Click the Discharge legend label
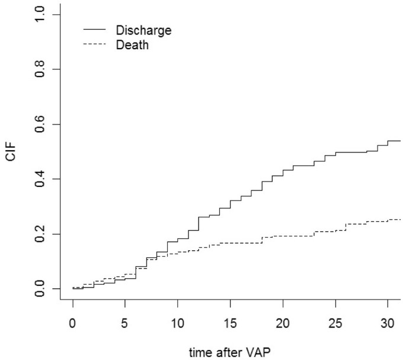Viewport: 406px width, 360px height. click(x=143, y=30)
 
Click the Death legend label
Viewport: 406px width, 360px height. click(x=132, y=44)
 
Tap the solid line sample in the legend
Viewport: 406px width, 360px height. click(x=94, y=30)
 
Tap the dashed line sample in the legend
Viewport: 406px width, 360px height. click(x=94, y=44)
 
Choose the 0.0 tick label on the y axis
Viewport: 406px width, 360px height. click(x=40, y=289)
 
